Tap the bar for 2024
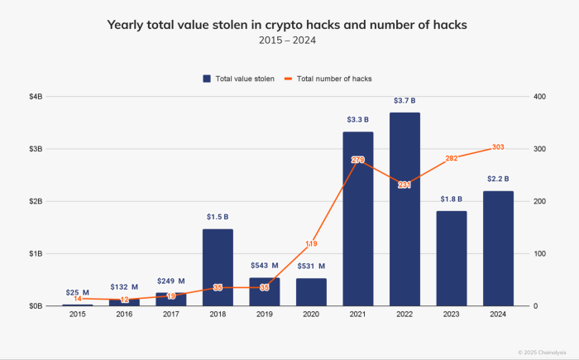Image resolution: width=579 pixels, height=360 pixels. pyautogui.click(x=498, y=248)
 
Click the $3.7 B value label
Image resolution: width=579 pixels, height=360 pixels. pyautogui.click(x=404, y=101)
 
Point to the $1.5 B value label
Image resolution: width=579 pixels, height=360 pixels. pyautogui.click(x=218, y=217)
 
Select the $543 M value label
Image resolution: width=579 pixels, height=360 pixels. pyautogui.click(x=265, y=266)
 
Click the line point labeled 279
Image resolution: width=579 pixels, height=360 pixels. pyautogui.click(x=358, y=160)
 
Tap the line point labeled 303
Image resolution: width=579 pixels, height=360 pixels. pyautogui.click(x=498, y=147)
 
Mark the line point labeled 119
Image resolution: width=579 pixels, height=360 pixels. pyautogui.click(x=311, y=244)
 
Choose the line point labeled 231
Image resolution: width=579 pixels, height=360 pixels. pyautogui.click(x=404, y=185)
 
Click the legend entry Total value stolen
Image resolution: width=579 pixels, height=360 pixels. pyautogui.click(x=240, y=79)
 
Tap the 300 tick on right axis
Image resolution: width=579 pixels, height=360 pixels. pyautogui.click(x=539, y=149)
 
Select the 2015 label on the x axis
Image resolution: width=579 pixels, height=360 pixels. pyautogui.click(x=78, y=315)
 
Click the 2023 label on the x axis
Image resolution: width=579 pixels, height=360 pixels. pyautogui.click(x=452, y=315)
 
